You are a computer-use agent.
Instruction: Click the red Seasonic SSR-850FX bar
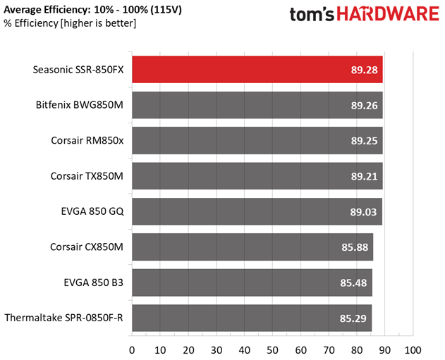pyautogui.click(x=257, y=70)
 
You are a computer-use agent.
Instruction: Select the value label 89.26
pyautogui.click(x=364, y=106)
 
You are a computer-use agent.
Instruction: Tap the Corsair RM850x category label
pyautogui.click(x=87, y=140)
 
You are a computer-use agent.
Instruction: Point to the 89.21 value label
pyautogui.click(x=364, y=176)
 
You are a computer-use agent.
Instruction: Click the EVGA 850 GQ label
pyautogui.click(x=92, y=211)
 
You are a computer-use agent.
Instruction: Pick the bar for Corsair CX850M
pyautogui.click(x=252, y=247)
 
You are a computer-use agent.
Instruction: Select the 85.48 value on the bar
pyautogui.click(x=353, y=283)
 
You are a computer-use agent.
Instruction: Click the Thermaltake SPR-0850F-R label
pyautogui.click(x=64, y=318)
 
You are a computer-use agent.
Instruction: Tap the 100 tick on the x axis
pyautogui.click(x=413, y=350)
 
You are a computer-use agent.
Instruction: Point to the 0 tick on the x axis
pyautogui.click(x=132, y=350)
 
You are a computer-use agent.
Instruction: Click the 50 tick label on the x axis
pyautogui.click(x=272, y=350)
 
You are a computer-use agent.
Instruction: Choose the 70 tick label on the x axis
pyautogui.click(x=329, y=350)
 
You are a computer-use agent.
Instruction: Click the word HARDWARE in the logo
pyautogui.click(x=388, y=14)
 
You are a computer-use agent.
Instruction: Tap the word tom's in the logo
pyautogui.click(x=312, y=15)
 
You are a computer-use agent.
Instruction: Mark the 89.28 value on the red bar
pyautogui.click(x=364, y=70)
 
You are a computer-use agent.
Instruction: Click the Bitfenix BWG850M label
pyautogui.click(x=80, y=105)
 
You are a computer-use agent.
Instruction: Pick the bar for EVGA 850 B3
pyautogui.click(x=252, y=283)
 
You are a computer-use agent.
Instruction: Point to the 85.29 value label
pyautogui.click(x=353, y=318)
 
